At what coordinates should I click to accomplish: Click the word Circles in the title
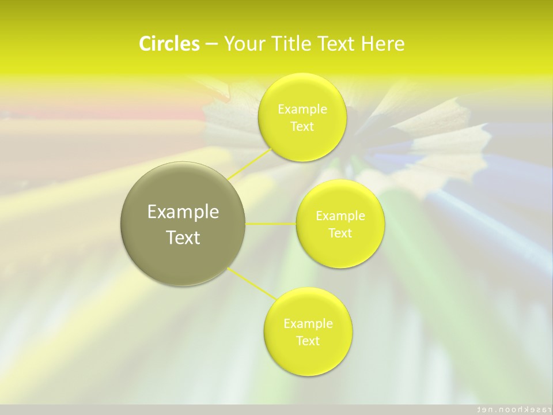click(x=169, y=44)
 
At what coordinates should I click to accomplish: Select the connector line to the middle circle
click(x=271, y=224)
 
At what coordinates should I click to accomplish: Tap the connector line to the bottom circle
click(x=252, y=282)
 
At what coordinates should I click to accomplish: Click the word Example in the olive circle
click(x=183, y=212)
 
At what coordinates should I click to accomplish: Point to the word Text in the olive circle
click(x=183, y=237)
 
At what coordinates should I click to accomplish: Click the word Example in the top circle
click(x=302, y=110)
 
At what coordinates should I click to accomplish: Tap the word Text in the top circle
click(x=302, y=127)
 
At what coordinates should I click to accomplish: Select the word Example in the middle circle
click(x=340, y=216)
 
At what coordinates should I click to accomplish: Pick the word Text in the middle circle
click(x=340, y=233)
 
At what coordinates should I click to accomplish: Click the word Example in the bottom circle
click(x=308, y=324)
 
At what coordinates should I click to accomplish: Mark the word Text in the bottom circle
click(x=308, y=341)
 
